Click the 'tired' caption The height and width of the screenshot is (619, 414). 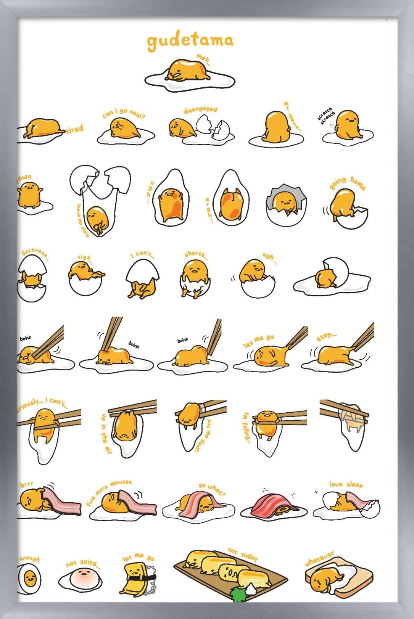(75, 129)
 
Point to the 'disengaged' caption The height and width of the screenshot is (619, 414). (200, 110)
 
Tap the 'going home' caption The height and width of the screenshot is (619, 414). (348, 183)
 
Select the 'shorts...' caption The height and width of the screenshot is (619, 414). (196, 254)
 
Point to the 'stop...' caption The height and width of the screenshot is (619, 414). (327, 337)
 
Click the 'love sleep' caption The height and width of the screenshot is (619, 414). (346, 484)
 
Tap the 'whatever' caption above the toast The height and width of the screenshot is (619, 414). (319, 558)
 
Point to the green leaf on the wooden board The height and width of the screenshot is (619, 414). (238, 594)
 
